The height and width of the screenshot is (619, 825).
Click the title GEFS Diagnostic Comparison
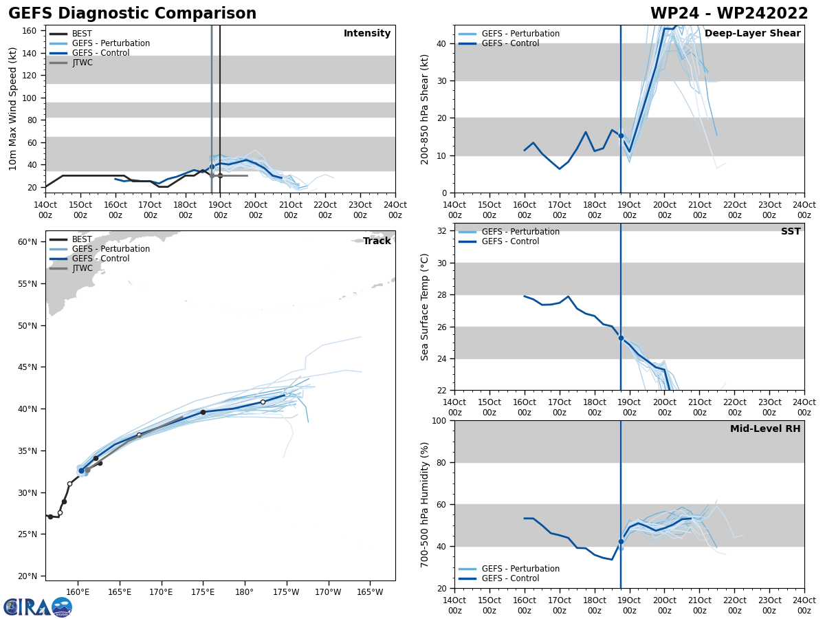pos(132,14)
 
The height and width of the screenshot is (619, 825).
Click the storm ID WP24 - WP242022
pos(729,14)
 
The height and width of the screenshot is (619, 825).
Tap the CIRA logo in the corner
pos(38,607)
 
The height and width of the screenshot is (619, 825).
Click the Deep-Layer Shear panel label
pos(752,34)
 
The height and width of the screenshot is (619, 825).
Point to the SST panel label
pos(790,232)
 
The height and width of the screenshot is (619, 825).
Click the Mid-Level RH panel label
pos(764,429)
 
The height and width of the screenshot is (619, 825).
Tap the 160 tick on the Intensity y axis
pos(30,31)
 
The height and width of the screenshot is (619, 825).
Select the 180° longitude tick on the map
pos(245,591)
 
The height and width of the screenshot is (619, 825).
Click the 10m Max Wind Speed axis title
pos(13,109)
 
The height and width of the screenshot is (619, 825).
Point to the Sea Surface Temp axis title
pos(425,307)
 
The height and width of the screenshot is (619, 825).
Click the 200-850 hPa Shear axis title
pos(425,109)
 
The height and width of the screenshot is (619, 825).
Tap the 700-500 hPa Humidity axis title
pos(425,505)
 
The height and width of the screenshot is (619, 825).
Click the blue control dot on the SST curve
pos(621,338)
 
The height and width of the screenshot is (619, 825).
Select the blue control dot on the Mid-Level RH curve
pos(621,541)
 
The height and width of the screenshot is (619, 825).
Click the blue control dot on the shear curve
pos(621,135)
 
